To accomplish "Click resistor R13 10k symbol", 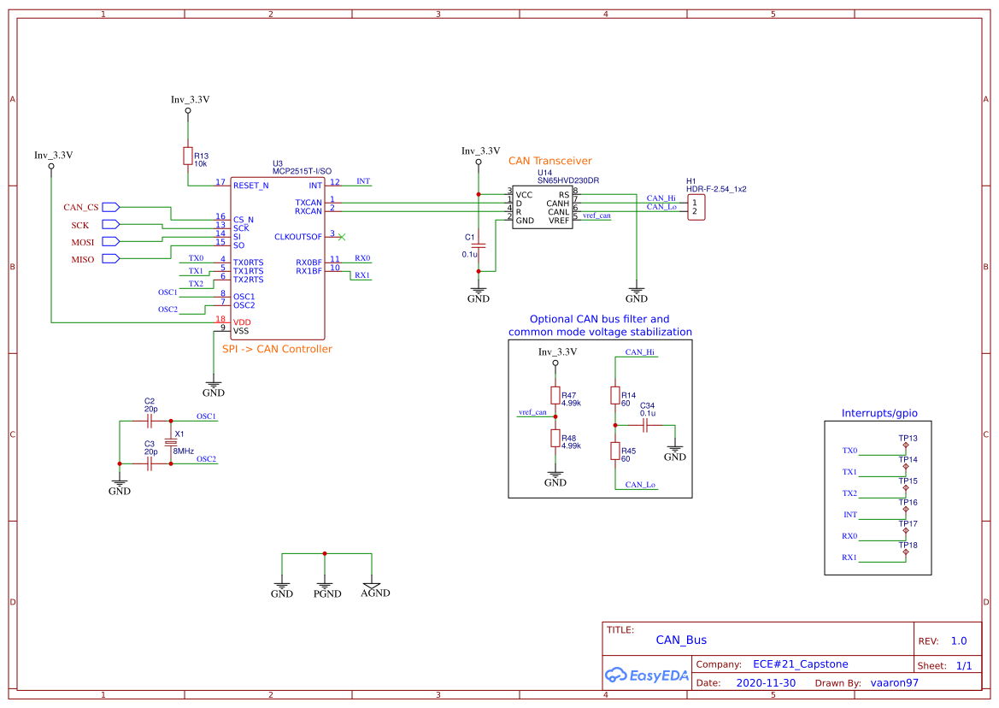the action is tap(187, 156).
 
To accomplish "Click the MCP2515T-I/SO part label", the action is tap(302, 171).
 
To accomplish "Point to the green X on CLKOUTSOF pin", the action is tap(342, 236).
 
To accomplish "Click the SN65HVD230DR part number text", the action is tap(567, 180).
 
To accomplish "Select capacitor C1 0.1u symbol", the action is tap(479, 245).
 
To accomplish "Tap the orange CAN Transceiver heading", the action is tap(549, 161).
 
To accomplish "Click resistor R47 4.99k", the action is tap(555, 395).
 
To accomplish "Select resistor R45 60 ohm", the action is tap(614, 451).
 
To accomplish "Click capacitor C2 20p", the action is tap(150, 421).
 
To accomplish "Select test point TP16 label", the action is tap(908, 503).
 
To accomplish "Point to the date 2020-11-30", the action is tap(766, 683).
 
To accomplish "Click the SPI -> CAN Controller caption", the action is tap(277, 349).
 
